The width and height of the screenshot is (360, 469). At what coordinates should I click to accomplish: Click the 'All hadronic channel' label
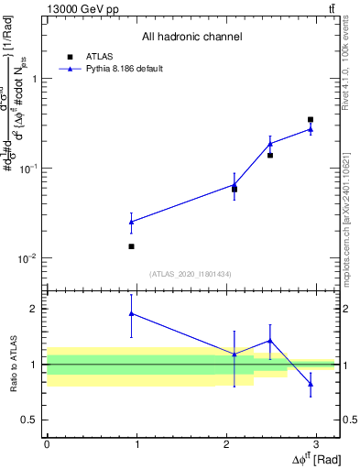click(191, 38)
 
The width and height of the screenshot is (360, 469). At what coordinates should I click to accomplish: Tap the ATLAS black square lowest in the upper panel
click(132, 246)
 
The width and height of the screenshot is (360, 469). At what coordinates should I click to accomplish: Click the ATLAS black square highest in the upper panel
click(311, 120)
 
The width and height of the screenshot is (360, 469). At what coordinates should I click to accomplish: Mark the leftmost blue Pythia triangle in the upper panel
click(132, 222)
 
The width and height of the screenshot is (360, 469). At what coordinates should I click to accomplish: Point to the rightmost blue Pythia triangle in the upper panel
click(311, 129)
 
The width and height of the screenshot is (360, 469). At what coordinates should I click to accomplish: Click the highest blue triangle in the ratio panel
click(132, 313)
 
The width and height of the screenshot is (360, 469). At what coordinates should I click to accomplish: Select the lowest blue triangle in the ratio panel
click(311, 384)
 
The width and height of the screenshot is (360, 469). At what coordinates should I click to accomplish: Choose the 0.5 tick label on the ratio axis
click(31, 420)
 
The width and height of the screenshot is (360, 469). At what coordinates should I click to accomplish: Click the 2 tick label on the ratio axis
click(36, 309)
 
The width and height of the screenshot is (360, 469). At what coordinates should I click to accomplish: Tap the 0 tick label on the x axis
click(47, 444)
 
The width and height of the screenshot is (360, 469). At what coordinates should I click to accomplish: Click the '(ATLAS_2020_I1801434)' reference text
click(191, 274)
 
